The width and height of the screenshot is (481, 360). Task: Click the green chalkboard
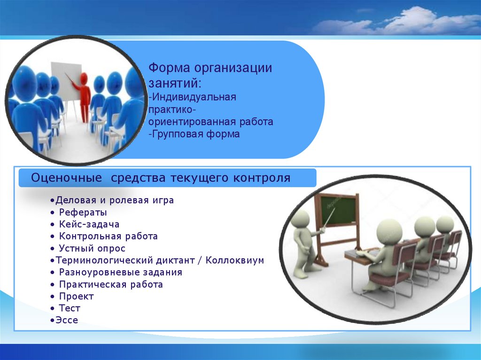point(339,211)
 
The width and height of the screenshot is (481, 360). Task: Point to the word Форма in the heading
point(169,68)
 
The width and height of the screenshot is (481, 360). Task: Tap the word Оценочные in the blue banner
point(66,178)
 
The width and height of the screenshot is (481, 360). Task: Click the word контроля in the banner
point(261,178)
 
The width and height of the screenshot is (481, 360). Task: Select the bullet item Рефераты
point(83,212)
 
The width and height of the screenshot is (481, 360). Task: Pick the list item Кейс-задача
point(89,224)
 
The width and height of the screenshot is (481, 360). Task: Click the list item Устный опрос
point(92,248)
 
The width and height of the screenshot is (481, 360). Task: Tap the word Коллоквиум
point(235,260)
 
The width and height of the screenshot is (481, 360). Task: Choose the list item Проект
point(76,296)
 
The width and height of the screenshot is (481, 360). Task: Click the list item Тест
point(70,308)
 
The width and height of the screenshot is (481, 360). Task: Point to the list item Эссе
point(67,320)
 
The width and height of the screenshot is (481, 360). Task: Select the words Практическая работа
point(111,284)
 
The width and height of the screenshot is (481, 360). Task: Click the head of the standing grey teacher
point(300,219)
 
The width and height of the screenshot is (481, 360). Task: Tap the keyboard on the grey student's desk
point(365,253)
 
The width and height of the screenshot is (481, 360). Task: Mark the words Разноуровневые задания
point(121,272)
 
